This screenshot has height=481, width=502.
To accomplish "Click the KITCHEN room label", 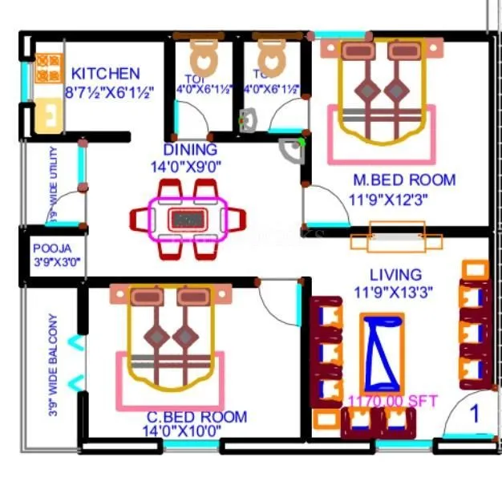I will pyautogui.click(x=105, y=73).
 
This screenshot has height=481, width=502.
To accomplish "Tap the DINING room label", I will pyautogui.click(x=190, y=150).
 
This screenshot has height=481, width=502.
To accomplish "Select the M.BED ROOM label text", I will pyautogui.click(x=404, y=180).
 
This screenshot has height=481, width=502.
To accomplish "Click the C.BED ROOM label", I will pyautogui.click(x=196, y=417).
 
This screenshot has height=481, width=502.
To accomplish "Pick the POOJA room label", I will pyautogui.click(x=52, y=249).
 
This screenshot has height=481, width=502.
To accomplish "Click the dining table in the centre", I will pyautogui.click(x=188, y=218).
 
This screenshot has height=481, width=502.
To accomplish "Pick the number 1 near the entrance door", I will pyautogui.click(x=474, y=414).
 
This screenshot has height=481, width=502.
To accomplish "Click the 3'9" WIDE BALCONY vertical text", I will pyautogui.click(x=53, y=365).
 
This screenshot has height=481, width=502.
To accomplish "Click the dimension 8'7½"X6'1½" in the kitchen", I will pyautogui.click(x=110, y=91).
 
